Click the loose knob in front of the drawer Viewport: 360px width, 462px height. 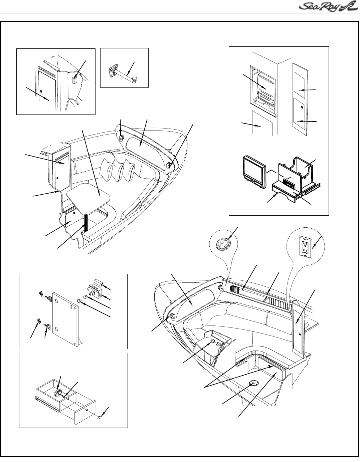(x=100, y=417)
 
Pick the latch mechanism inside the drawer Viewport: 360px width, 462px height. (x=58, y=392)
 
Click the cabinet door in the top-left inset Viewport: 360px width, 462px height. (x=47, y=90)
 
